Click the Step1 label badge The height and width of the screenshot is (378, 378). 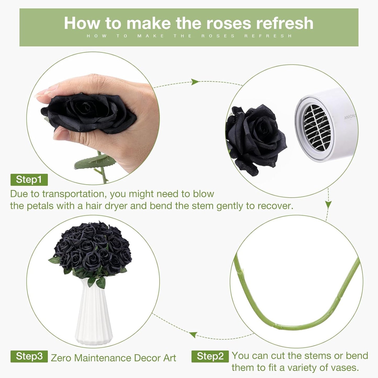tap(29, 180)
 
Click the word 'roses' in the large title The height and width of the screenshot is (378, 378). tap(229, 23)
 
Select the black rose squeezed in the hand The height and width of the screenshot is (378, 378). tap(88, 114)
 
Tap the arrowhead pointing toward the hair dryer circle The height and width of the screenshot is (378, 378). tap(195, 82)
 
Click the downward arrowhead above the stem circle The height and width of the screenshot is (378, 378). tap(328, 205)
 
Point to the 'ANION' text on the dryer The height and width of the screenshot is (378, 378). tap(349, 117)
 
